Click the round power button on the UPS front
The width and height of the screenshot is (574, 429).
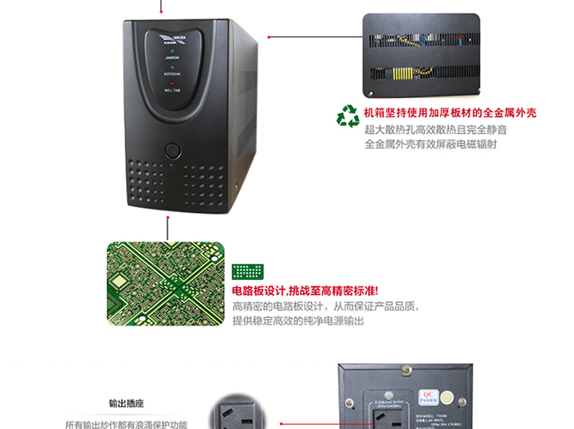[171, 150]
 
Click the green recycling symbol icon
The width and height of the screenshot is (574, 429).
[348, 117]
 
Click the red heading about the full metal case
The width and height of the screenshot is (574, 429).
[450, 113]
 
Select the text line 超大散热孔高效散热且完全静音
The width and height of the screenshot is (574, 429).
[435, 129]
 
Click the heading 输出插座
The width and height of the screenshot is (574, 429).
[125, 403]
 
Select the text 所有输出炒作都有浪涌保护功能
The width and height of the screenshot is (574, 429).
[126, 423]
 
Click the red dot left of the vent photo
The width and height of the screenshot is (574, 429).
[269, 37]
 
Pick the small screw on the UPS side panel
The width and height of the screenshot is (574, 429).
[237, 188]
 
